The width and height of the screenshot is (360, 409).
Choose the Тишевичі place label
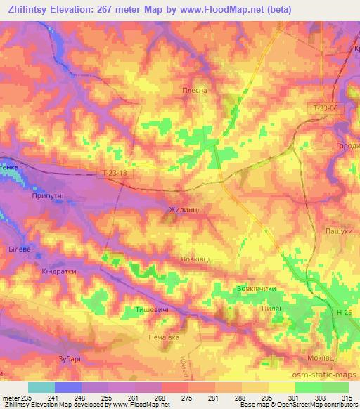click(x=151, y=309)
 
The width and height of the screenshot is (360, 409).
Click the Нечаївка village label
click(x=165, y=337)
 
